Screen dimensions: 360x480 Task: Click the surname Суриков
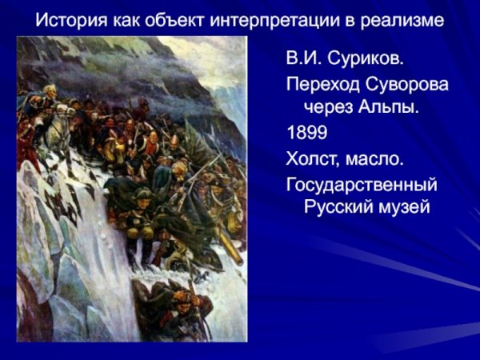(359, 58)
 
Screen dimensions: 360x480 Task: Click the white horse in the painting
(59, 128)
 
